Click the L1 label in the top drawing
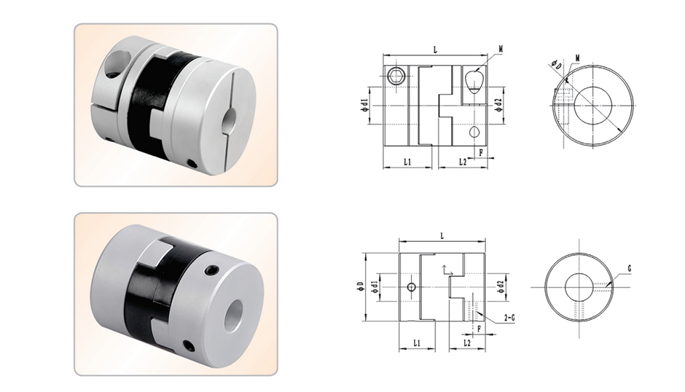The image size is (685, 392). pos(407,162)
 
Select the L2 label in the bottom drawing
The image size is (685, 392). pos(466,342)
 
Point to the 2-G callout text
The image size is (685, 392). pos(509,318)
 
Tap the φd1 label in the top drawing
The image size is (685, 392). pos(364,106)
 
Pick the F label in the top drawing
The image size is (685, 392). pos(481,152)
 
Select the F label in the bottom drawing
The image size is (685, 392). pos(479,329)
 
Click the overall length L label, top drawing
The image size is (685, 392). pos(435,50)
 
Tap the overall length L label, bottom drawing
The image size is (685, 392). pos(442,236)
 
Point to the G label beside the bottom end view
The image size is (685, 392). pos(630,269)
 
